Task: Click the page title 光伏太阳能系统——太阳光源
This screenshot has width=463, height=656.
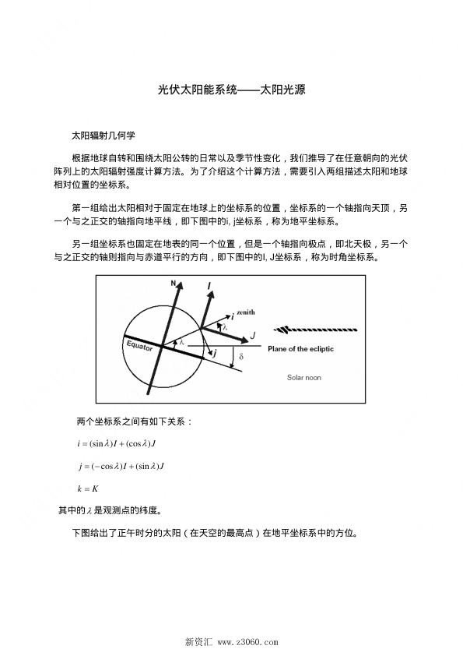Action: click(x=231, y=90)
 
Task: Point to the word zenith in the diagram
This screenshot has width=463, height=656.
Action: click(x=246, y=311)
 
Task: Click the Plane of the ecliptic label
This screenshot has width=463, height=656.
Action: click(x=300, y=349)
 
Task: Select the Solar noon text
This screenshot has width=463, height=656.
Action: click(x=304, y=377)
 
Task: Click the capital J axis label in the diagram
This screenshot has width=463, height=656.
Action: click(x=253, y=335)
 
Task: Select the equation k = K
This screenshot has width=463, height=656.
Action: click(x=87, y=488)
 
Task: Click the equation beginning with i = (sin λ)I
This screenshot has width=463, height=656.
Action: click(x=117, y=444)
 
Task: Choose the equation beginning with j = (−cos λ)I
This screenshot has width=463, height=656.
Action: click(x=121, y=466)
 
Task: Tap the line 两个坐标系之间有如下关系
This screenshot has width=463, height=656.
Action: click(x=134, y=421)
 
